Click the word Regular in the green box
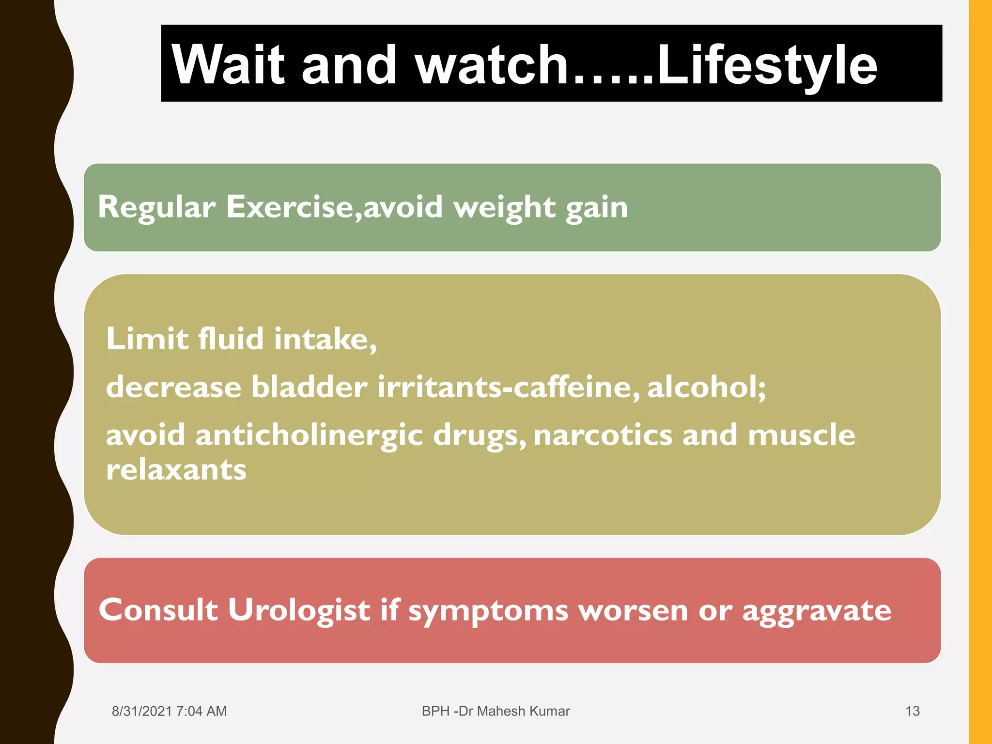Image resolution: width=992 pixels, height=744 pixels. (x=156, y=207)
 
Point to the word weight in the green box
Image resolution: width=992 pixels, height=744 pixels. (x=504, y=207)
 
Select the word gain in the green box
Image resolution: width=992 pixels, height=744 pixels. (x=597, y=207)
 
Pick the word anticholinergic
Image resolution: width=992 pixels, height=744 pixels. (x=309, y=435)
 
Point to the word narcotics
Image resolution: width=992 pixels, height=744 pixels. (x=603, y=435)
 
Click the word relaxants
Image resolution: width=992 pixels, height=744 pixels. (x=176, y=470)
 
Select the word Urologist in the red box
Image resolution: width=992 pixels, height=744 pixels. (x=299, y=610)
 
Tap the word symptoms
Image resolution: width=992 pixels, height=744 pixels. (x=488, y=610)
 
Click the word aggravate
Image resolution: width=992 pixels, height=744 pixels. (x=816, y=610)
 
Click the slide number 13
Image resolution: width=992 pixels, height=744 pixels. (x=912, y=711)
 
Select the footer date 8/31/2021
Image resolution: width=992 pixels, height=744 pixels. (x=142, y=711)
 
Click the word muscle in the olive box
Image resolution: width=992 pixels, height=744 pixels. (x=801, y=435)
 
